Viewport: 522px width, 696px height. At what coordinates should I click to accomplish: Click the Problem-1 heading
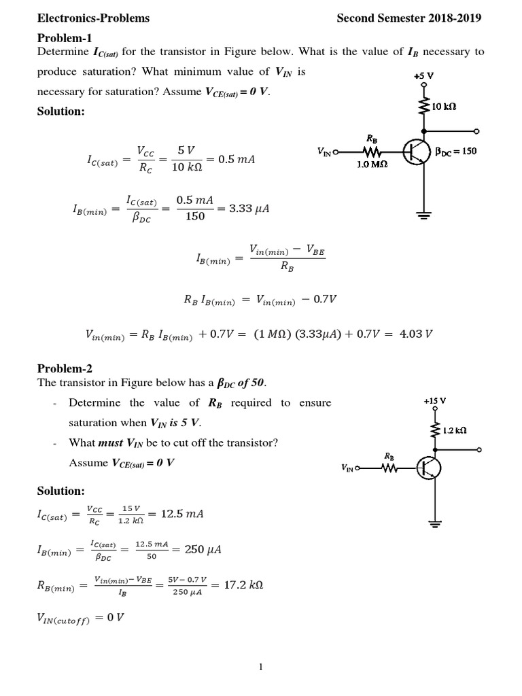(64, 37)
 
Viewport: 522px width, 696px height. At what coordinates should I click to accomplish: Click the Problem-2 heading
(64, 368)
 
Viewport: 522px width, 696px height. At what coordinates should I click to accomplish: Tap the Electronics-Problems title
(93, 18)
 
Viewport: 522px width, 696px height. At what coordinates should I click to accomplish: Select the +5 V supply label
(425, 76)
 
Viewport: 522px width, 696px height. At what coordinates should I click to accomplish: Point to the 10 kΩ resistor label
(444, 107)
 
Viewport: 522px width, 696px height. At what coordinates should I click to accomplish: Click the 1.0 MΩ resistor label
(372, 164)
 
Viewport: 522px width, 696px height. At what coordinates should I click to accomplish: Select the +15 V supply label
(434, 401)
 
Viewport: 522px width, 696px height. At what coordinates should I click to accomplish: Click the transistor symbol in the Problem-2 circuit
(428, 468)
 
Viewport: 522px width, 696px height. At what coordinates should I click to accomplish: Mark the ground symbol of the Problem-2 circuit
(435, 523)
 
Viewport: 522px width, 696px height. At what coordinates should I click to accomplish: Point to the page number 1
(260, 667)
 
